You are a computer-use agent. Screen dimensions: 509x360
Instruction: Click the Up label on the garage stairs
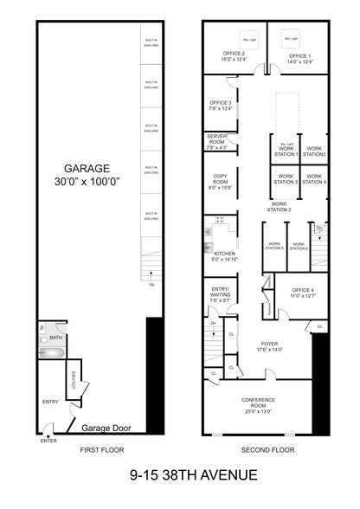point(152,283)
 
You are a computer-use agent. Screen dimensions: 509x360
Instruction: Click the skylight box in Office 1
point(291,39)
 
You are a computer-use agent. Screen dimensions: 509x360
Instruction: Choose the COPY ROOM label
point(220,180)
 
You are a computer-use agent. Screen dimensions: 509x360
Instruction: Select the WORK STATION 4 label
point(313,180)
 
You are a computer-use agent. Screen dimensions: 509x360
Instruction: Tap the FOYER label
point(269,345)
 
